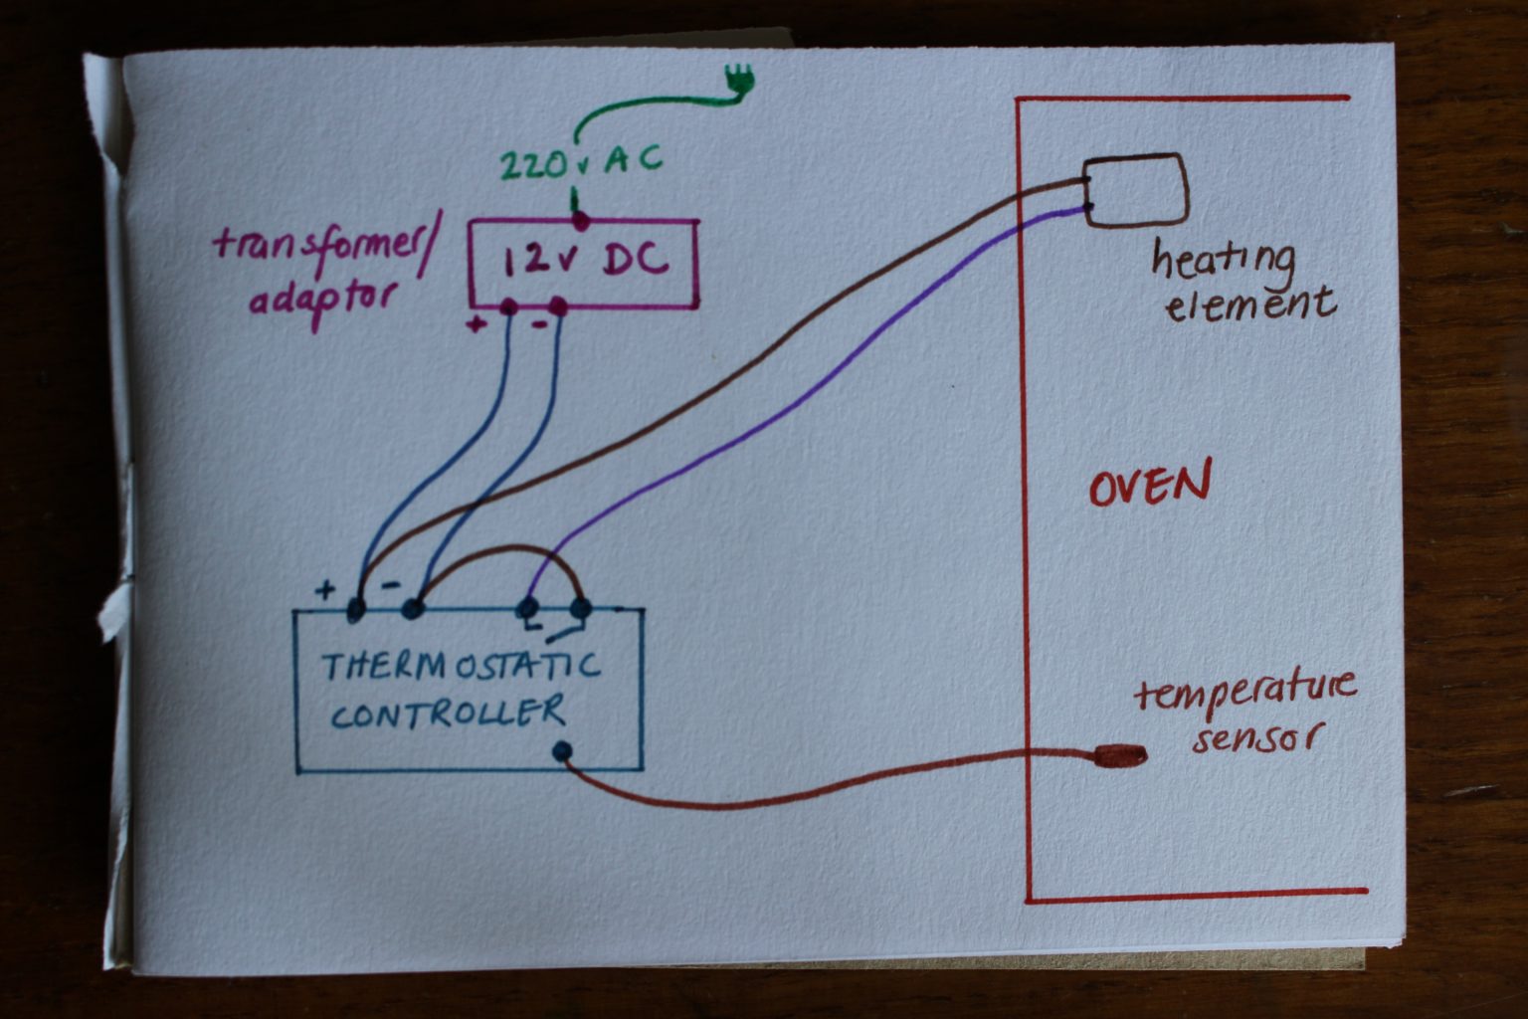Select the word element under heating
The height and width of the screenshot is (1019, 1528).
(x=1250, y=303)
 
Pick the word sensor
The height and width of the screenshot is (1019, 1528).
(x=1259, y=739)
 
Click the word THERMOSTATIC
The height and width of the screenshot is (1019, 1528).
(x=461, y=666)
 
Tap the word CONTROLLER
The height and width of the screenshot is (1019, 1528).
(x=448, y=713)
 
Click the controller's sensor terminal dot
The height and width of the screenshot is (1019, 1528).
(x=562, y=751)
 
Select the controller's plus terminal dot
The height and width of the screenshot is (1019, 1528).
(x=356, y=607)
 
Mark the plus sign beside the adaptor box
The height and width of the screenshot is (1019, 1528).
(x=477, y=323)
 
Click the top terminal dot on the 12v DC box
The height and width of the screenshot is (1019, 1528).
(x=580, y=215)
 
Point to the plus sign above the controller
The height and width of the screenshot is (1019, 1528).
(x=325, y=590)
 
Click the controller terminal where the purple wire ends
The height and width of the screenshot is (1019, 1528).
(x=529, y=606)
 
